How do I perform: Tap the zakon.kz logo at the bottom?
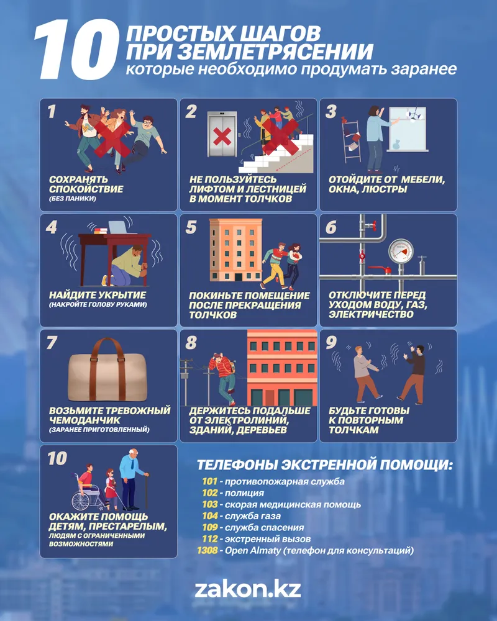tap(248, 589)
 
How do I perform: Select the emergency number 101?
tap(209, 482)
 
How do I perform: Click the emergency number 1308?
tap(207, 550)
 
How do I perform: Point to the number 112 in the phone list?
tap(209, 539)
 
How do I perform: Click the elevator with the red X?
tap(222, 134)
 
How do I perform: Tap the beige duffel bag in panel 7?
tap(107, 370)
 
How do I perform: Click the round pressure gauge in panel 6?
tap(401, 251)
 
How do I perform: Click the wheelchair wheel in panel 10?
tap(81, 501)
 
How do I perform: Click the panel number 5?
tap(191, 227)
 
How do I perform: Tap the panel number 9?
tap(331, 343)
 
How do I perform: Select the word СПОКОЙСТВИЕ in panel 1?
tap(86, 189)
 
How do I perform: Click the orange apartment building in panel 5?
tap(236, 250)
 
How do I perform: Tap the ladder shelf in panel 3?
tap(352, 141)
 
